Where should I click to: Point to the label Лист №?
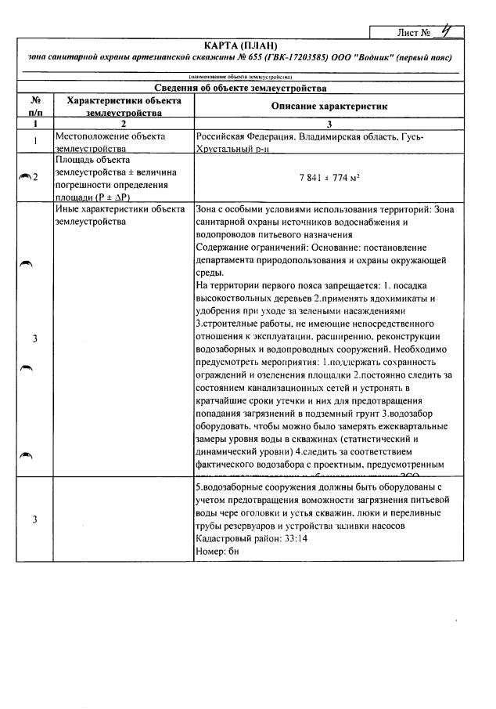(x=415, y=32)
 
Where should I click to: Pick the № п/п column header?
(x=34, y=107)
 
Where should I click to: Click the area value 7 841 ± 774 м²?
(x=329, y=178)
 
